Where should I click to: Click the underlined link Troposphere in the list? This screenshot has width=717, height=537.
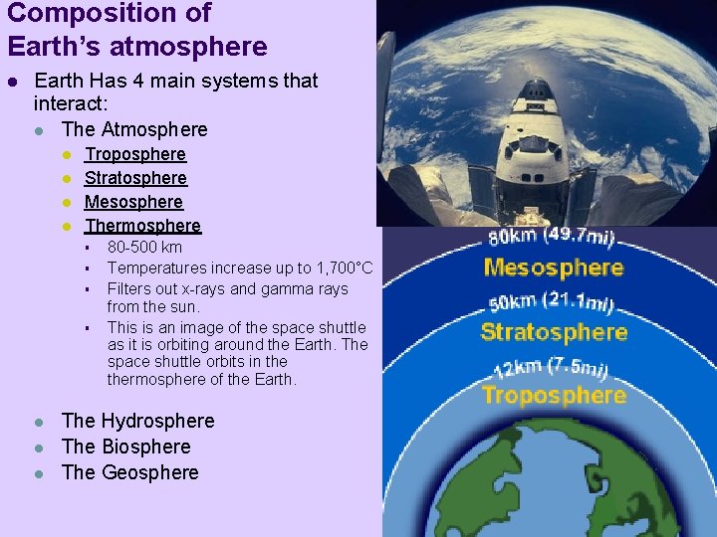pos(135,154)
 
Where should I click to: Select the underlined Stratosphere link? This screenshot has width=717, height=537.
pos(135,178)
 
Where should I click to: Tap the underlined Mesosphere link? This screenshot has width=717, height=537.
pos(133,202)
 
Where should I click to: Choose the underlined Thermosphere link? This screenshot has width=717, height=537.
pos(142,226)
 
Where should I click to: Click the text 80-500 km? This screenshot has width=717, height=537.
pos(144,247)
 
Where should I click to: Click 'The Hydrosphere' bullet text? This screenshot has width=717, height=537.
pos(137,421)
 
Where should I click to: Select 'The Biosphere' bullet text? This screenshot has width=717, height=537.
pos(125,447)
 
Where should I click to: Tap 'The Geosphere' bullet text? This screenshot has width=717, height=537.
pos(129,472)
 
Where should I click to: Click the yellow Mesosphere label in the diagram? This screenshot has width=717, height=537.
pos(554,268)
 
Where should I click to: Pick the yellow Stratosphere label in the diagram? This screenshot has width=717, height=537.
pos(554,332)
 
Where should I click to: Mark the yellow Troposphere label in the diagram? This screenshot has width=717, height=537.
pos(554,395)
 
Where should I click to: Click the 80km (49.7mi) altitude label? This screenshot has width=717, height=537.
pos(551,237)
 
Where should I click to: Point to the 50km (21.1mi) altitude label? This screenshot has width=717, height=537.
pos(551,301)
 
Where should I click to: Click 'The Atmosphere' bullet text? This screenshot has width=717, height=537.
pos(134,129)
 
